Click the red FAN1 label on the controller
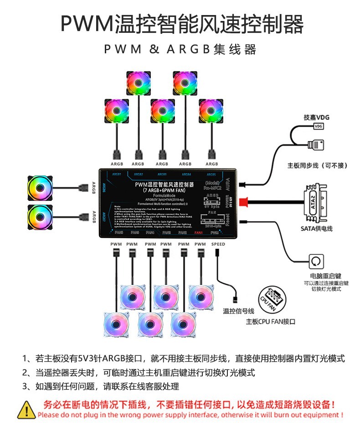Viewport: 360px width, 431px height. point(199,233)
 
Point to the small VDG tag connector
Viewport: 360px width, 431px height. point(319,126)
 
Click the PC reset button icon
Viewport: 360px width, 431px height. point(317,262)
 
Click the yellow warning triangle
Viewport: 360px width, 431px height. point(26,409)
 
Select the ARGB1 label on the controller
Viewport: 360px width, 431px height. point(117,174)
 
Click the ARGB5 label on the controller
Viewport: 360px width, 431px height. point(211,174)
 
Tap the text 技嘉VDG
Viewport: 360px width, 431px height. point(316,117)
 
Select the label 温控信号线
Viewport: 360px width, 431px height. point(238,311)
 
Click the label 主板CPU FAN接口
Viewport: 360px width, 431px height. point(271,321)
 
